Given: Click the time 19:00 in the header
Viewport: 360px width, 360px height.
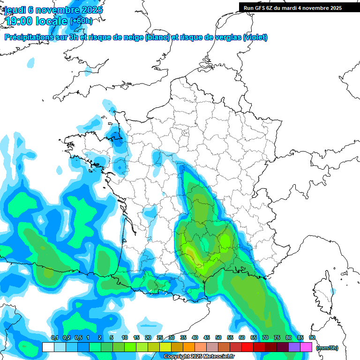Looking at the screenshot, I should point(23,21).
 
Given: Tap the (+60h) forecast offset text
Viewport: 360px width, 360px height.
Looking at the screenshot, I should point(81,21).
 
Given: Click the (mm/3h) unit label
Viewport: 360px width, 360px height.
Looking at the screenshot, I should point(327,347).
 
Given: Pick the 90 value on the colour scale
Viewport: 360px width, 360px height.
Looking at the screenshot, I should point(312,337).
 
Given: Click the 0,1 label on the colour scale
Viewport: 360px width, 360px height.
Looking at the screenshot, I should point(54,337).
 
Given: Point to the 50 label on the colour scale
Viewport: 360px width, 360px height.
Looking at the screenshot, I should point(218,337).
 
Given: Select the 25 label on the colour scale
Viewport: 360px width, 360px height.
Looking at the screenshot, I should point(160,337).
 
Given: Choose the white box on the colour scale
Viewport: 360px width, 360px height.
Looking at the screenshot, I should point(48,347).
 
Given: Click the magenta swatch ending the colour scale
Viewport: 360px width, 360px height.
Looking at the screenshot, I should point(306,347).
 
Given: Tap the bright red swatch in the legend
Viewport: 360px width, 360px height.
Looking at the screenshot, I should point(247,347).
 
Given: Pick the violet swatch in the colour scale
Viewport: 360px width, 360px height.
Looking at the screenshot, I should point(294,347).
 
